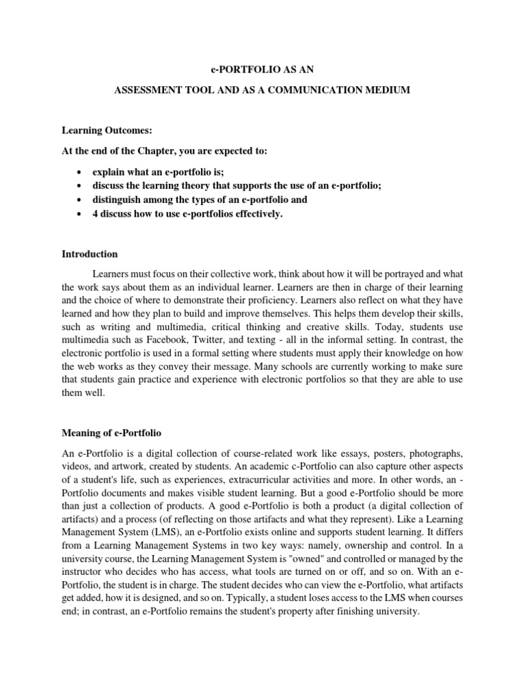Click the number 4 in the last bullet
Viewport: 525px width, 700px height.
point(96,215)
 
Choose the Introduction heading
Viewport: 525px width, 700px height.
point(89,254)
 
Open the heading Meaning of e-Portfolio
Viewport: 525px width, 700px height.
point(117,434)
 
